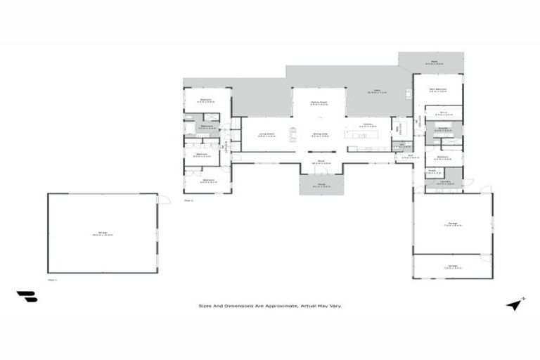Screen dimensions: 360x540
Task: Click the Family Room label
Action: click(320, 103)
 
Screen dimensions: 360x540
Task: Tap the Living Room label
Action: click(265, 134)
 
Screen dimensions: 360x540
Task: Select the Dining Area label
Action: click(320, 134)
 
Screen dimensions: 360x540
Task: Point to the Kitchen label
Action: click(368, 124)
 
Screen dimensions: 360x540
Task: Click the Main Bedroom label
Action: click(439, 90)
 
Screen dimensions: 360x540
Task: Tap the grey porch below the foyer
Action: click(321, 185)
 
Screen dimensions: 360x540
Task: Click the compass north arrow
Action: click(515, 304)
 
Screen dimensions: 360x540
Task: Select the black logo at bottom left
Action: click(27, 297)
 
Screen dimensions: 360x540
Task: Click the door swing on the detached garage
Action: click(164, 200)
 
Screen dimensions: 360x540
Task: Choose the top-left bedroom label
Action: click(206, 100)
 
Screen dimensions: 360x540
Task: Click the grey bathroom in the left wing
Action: click(207, 128)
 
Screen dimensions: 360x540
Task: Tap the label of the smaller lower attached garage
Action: click(451, 266)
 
